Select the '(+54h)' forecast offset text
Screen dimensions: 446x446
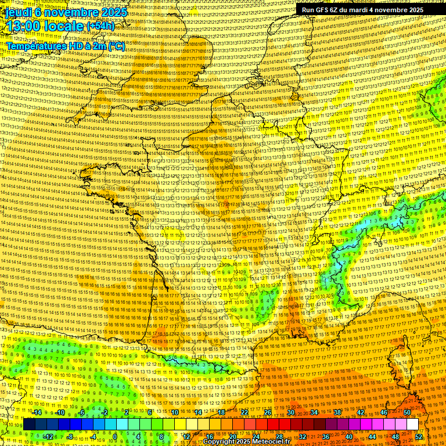click(x=102, y=27)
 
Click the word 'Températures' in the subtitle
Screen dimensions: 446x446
click(x=35, y=45)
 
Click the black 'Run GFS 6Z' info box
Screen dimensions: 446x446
click(x=362, y=10)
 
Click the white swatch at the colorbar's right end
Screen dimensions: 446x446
click(x=412, y=425)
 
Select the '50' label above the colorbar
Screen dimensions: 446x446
click(x=407, y=412)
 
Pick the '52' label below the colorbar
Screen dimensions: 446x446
click(x=419, y=437)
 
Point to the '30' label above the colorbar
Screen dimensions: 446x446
click(x=290, y=412)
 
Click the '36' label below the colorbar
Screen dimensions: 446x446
click(x=326, y=437)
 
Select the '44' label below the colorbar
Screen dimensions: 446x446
click(x=372, y=437)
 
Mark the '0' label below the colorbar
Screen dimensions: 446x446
click(x=116, y=437)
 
